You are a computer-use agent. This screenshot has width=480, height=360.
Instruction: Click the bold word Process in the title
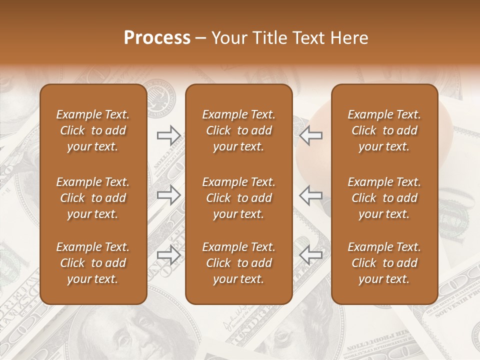coord(157,38)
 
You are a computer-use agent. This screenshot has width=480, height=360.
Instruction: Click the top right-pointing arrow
coord(168,135)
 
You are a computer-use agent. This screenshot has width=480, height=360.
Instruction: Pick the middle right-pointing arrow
coord(168,195)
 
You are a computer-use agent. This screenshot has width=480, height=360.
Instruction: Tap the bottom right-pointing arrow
coord(168,254)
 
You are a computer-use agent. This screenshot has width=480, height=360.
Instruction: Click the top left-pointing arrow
coord(310,135)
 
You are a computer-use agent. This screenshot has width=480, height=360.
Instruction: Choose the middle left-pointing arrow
coord(310,194)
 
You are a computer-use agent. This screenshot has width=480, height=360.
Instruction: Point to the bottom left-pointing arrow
coord(310,254)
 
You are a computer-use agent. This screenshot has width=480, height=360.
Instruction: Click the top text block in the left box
coord(93,130)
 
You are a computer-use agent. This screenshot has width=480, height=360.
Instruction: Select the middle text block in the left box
coord(93,198)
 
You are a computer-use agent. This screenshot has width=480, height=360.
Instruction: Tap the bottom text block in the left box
coord(93,263)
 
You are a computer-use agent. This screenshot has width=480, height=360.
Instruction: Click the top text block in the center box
coord(238,130)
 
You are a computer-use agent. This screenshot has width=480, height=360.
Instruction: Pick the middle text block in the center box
coord(238,198)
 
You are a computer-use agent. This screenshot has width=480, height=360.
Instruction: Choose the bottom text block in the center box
coord(238,263)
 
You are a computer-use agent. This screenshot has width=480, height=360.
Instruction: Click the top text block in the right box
coord(384,130)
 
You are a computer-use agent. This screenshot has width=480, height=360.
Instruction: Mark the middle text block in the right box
coord(384,198)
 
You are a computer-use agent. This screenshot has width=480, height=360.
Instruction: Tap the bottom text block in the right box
coord(384,263)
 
